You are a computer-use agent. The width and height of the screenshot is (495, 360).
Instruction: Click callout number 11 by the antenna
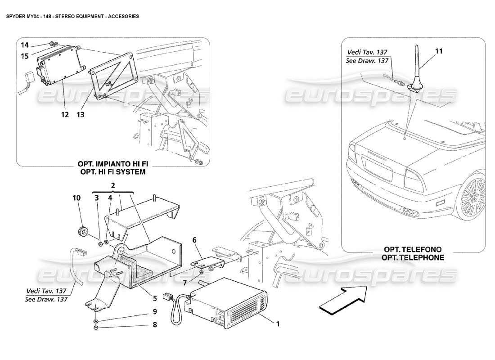[x=439, y=52]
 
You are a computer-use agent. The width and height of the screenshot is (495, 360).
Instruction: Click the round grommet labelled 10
[x=83, y=232]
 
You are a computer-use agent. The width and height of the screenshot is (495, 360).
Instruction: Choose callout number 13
[x=81, y=115]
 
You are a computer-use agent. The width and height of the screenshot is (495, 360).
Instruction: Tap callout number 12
[x=65, y=115]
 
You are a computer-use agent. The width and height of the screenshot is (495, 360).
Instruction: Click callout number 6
[x=195, y=241]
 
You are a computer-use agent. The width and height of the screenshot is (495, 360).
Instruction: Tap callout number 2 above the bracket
[x=112, y=185]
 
